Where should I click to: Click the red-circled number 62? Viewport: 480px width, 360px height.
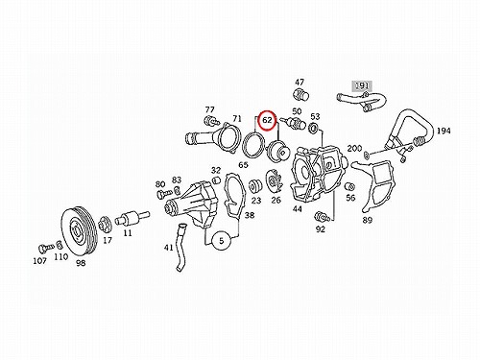(267, 120)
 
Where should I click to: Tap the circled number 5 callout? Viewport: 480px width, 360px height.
(221, 241)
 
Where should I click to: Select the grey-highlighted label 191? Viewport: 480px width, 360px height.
(362, 85)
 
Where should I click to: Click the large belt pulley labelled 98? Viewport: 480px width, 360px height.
(78, 232)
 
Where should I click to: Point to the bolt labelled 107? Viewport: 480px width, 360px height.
(45, 248)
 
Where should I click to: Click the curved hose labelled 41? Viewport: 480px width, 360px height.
(180, 248)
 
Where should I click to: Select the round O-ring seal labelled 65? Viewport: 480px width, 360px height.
(253, 145)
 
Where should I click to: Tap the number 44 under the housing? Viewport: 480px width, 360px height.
(298, 209)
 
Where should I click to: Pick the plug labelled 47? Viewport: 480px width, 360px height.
(301, 94)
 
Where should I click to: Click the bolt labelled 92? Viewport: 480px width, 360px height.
(322, 217)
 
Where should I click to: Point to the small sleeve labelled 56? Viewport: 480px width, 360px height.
(348, 186)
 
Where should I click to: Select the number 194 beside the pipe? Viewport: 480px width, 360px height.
(444, 131)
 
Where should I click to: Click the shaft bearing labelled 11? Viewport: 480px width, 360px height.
(132, 218)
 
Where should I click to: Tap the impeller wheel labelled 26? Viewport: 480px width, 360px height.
(273, 182)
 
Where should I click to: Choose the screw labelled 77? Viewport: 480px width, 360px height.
(211, 121)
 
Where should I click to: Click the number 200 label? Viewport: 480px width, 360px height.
(354, 148)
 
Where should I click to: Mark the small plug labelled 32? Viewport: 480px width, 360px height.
(216, 180)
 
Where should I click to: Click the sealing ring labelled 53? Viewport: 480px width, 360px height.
(314, 129)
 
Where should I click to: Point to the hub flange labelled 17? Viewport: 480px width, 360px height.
(105, 224)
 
